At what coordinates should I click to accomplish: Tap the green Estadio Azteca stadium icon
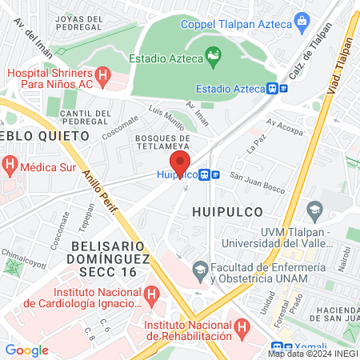pos(213,57)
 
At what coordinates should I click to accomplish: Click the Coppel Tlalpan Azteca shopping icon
pos(302,19)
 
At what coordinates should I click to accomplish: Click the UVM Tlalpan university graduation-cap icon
pos(314,209)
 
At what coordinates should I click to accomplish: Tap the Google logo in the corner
pos(26,350)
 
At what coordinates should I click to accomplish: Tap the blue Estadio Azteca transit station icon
pos(274,89)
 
